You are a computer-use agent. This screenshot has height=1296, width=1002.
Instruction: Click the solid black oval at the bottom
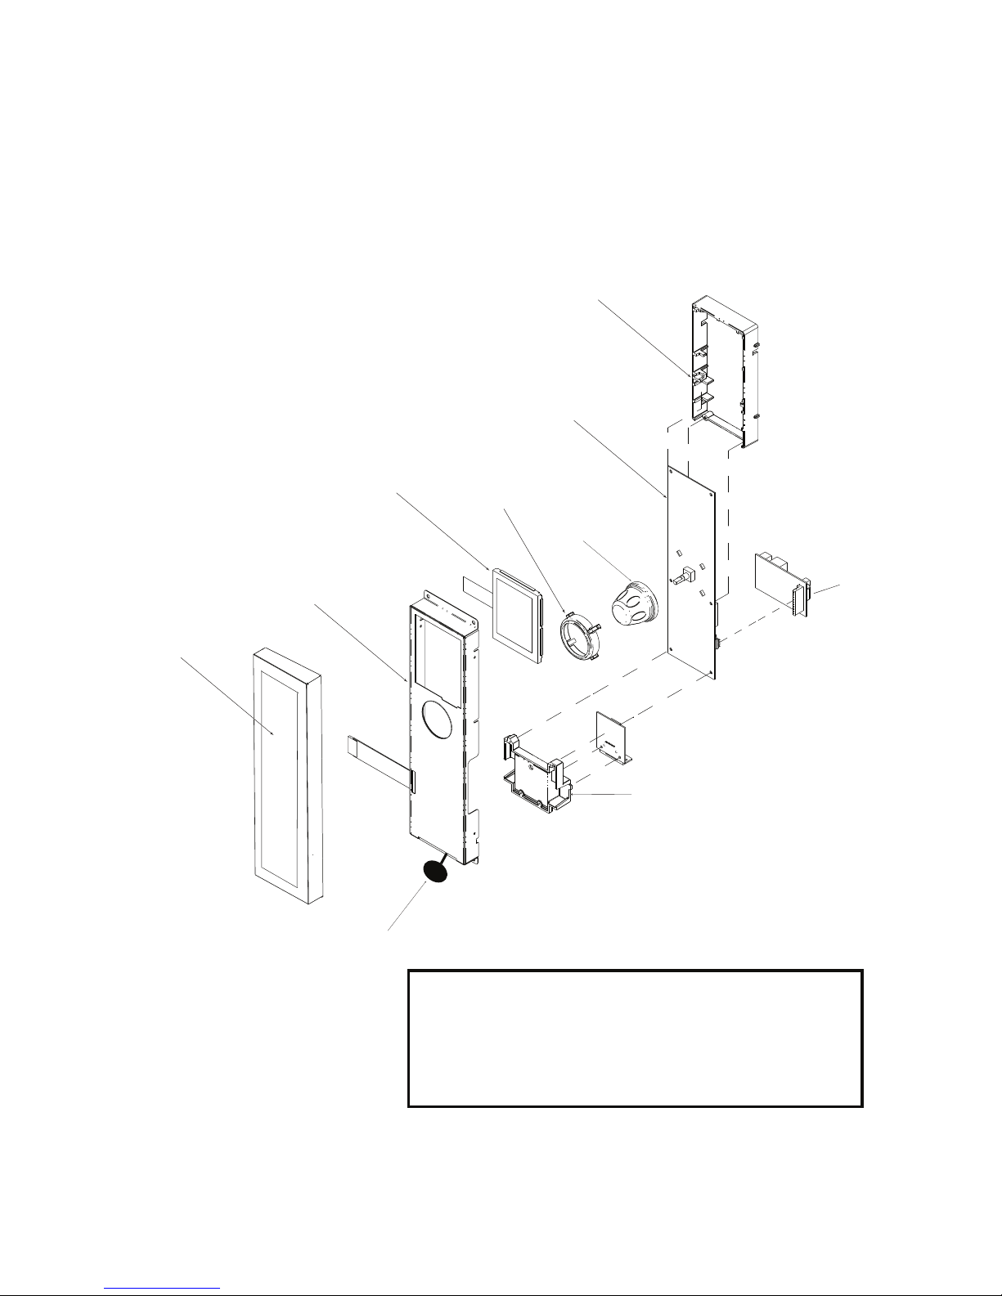tap(435, 872)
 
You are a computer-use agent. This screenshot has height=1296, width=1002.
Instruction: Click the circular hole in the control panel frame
tap(441, 720)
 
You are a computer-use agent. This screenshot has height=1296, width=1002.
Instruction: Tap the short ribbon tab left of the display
tap(475, 588)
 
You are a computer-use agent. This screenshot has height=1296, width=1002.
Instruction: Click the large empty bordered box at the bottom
tap(635, 1038)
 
